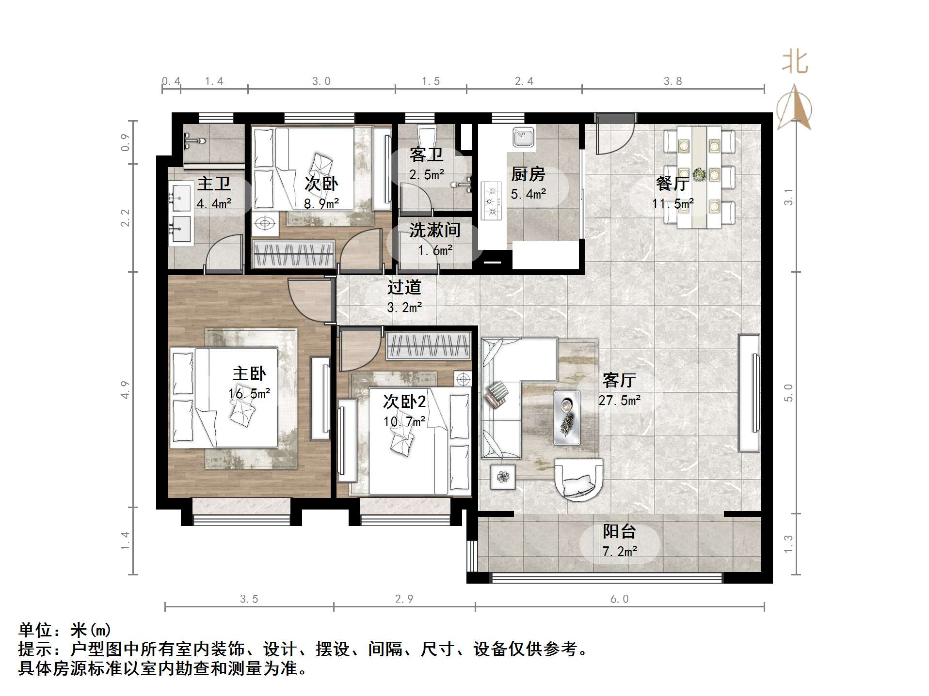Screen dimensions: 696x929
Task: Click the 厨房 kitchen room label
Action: coord(528,174)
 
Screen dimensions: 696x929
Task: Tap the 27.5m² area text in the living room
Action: coord(619,401)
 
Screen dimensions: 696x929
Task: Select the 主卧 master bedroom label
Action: coord(249,373)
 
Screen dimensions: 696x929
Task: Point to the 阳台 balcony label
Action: coord(619,531)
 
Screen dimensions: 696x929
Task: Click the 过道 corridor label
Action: coord(404,287)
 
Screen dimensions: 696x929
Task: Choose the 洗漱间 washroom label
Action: coord(434,230)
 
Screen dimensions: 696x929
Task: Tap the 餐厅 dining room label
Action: coord(672,184)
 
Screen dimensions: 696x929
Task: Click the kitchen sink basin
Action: coord(523,138)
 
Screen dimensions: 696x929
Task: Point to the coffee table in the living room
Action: coord(567,418)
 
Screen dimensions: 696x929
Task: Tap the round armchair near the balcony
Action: coord(579,480)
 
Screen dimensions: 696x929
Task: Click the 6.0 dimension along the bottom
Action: coord(619,599)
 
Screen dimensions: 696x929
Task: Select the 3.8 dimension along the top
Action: coord(673,81)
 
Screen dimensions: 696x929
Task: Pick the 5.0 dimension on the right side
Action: coord(788,392)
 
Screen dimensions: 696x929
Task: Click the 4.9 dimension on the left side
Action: coord(126,390)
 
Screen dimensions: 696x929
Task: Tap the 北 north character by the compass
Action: coord(795,62)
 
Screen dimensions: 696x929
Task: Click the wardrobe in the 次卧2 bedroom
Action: coord(428,346)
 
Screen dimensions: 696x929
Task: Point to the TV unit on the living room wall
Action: coord(749,393)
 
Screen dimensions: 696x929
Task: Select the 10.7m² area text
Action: coord(404,422)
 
